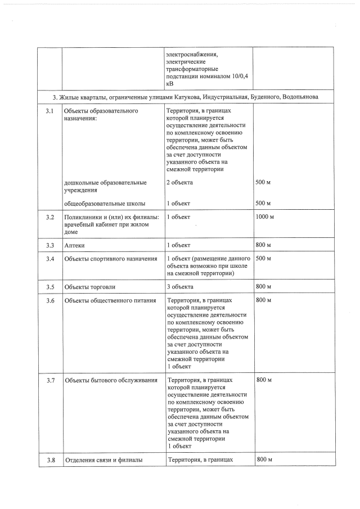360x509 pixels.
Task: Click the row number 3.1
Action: (x=49, y=111)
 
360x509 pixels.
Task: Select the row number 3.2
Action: (x=49, y=217)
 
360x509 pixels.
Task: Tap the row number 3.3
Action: (x=49, y=245)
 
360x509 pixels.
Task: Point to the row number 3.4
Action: (x=49, y=259)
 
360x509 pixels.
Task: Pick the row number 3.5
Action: (x=49, y=287)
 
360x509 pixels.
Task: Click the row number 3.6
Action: (x=49, y=300)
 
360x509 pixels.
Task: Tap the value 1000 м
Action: (x=265, y=217)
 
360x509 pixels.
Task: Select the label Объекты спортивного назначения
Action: (x=110, y=259)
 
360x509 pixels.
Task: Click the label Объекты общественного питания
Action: (x=110, y=300)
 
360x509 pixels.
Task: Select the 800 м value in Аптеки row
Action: (x=264, y=245)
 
